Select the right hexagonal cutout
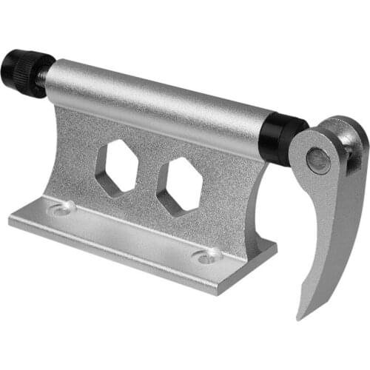point(179,185)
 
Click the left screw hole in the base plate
point(61,209)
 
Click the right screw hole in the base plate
point(206,255)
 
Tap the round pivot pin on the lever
point(319,159)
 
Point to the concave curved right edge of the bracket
point(255,215)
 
